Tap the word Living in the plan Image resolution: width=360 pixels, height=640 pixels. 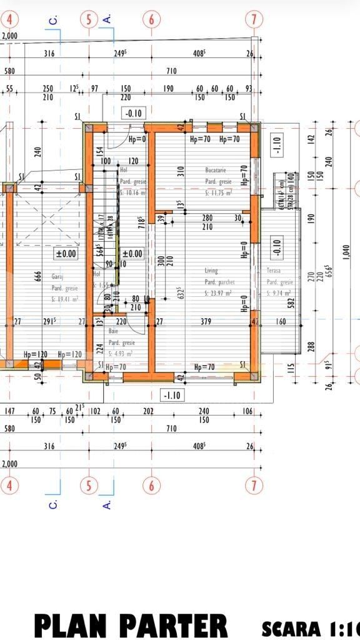[x=211, y=271]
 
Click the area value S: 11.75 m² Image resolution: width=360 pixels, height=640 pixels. [x=218, y=193]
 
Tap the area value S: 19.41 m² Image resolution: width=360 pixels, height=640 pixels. [x=65, y=299]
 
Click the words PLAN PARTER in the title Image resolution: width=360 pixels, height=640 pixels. [x=131, y=626]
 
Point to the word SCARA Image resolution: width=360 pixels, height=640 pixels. [x=291, y=627]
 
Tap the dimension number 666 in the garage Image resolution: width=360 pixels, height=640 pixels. [x=38, y=277]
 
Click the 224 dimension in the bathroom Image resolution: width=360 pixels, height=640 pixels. [x=99, y=349]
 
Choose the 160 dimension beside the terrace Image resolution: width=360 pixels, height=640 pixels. [x=279, y=322]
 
